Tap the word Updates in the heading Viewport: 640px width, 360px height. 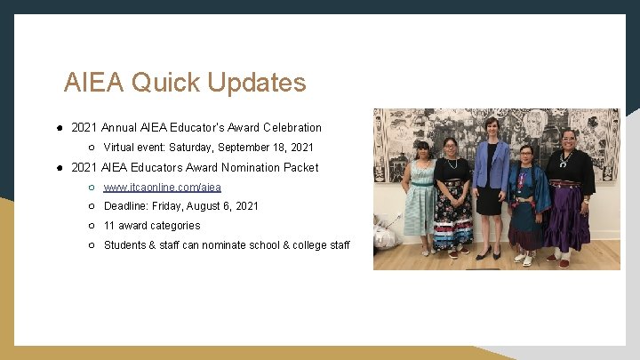tap(257, 83)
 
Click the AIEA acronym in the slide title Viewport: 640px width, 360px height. tap(94, 83)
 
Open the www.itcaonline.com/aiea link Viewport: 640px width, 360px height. tap(163, 187)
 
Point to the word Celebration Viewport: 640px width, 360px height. tap(290, 128)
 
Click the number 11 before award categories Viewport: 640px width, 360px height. tap(109, 226)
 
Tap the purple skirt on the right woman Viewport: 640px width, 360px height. tap(568, 218)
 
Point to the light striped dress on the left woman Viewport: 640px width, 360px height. tap(419, 204)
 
